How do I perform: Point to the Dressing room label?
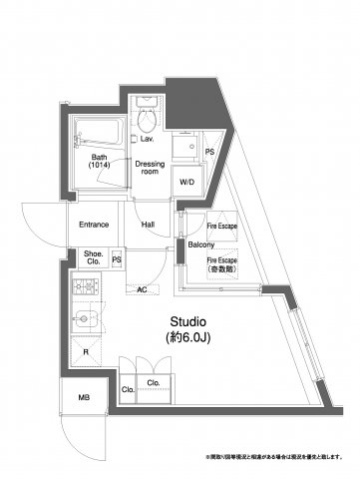(151, 168)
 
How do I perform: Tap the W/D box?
(186, 183)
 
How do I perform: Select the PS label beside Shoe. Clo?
(117, 259)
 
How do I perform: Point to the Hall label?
(148, 225)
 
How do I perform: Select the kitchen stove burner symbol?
(85, 289)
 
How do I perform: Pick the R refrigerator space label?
(86, 353)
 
